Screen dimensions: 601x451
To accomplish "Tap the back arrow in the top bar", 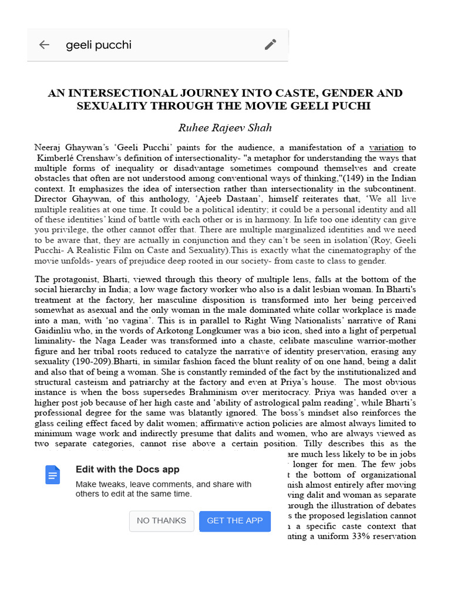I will coord(44,45).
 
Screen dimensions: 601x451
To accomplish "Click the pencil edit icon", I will coord(270,45).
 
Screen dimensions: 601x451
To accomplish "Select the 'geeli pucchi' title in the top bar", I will coord(99,45).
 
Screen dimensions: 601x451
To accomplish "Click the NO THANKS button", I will coord(161,521).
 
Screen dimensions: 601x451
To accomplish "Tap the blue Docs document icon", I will coord(53,475).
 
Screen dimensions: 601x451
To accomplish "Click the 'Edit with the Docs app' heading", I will coord(127,470).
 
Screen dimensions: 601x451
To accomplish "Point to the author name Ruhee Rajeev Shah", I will coord(225,127).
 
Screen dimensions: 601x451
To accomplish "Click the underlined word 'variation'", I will coord(386,147).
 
